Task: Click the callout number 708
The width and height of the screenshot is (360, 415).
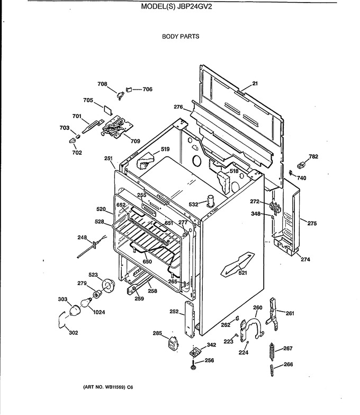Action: click(x=102, y=84)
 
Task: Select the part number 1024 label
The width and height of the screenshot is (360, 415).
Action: click(x=99, y=312)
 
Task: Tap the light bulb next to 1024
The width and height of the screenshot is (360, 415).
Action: click(x=86, y=302)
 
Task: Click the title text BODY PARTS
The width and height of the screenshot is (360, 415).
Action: click(x=181, y=37)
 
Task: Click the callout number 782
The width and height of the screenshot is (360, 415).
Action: click(x=313, y=156)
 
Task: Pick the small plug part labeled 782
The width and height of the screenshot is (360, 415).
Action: click(x=301, y=165)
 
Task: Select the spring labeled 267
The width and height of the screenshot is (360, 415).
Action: click(x=272, y=351)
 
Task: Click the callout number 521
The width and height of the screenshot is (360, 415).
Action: click(x=242, y=272)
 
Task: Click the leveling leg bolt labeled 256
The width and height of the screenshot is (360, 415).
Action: click(x=193, y=365)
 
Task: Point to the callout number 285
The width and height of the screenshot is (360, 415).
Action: click(x=157, y=333)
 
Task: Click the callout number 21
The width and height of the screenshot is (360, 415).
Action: click(x=255, y=84)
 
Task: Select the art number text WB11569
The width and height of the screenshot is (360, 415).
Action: click(x=114, y=387)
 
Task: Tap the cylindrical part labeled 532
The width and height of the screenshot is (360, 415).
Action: click(x=211, y=200)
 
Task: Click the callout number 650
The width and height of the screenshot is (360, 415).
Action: click(x=147, y=262)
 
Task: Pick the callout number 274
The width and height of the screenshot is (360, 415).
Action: click(x=305, y=259)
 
